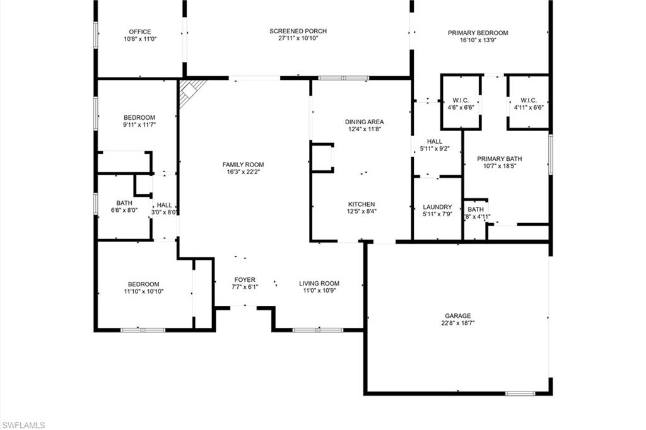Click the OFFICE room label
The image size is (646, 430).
pos(139,32)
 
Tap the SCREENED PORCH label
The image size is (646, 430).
pos(298,31)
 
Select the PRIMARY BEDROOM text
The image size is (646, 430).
pos(478,33)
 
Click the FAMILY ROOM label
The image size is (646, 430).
pos(243,164)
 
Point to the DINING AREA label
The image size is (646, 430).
pos(364,122)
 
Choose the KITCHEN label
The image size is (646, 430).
pos(361,204)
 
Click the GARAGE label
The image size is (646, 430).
pos(457,316)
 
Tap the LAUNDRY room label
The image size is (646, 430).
pos(437,207)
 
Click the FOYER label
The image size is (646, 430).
pos(245,279)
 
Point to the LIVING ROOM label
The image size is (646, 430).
pos(319,283)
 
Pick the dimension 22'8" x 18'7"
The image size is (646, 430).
pos(457,323)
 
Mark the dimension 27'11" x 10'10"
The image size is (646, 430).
pos(298,38)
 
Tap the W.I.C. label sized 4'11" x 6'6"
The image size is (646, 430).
pos(528,100)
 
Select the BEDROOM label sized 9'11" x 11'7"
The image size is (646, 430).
pos(139,118)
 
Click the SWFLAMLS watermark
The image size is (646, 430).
pos(23,425)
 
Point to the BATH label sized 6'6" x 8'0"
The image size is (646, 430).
pos(124,203)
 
